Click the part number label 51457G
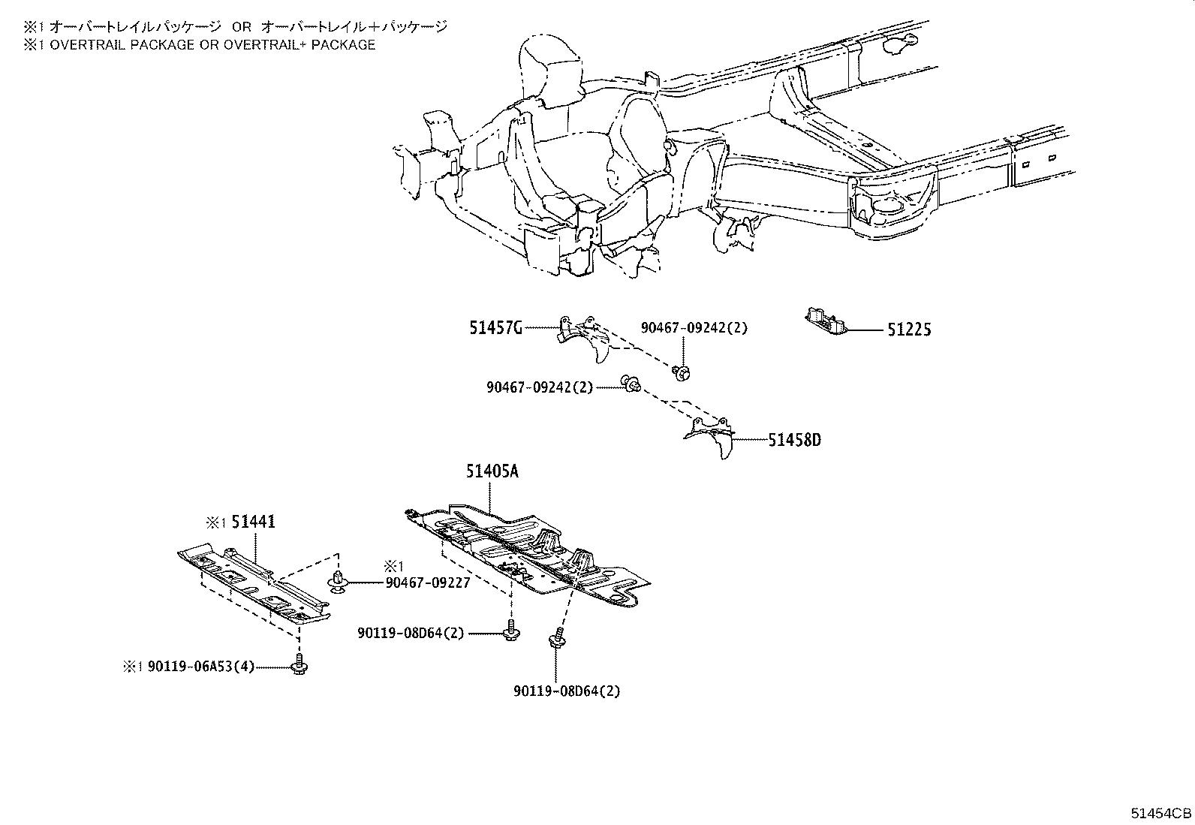pyautogui.click(x=495, y=328)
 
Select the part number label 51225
pyautogui.click(x=909, y=330)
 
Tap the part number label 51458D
pyautogui.click(x=794, y=440)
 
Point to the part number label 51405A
pyautogui.click(x=492, y=471)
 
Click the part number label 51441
pyautogui.click(x=253, y=522)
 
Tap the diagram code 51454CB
pyautogui.click(x=1161, y=813)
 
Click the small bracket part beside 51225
pyautogui.click(x=826, y=321)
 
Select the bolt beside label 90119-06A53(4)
pyautogui.click(x=300, y=665)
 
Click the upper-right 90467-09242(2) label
pyautogui.click(x=694, y=328)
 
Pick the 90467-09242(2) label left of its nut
pyautogui.click(x=539, y=387)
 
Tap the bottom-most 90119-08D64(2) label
pyautogui.click(x=567, y=691)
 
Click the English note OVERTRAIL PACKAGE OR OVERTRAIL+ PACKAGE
pyautogui.click(x=199, y=45)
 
